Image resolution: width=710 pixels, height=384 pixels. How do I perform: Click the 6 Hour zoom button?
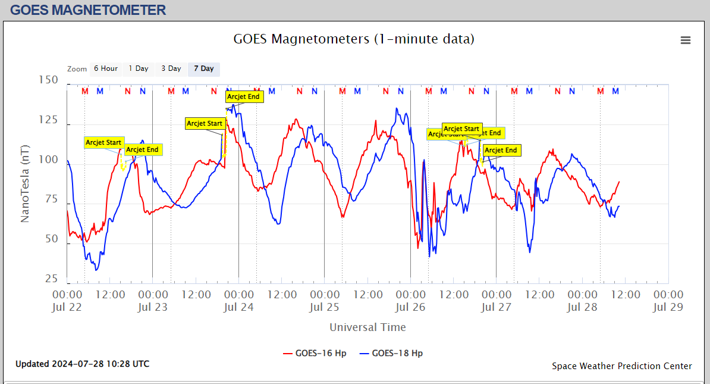[x=106, y=68]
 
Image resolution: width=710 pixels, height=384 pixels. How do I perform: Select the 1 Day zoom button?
[x=139, y=68]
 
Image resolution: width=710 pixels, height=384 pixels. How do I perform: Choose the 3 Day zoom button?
[x=171, y=68]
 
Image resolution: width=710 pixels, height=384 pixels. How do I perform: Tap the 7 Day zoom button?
[x=204, y=68]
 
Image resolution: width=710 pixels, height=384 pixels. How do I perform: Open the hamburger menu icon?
[x=686, y=40]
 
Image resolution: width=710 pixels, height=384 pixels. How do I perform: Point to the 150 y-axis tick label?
[x=48, y=80]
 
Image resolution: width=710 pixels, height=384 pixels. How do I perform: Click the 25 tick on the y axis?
[x=52, y=279]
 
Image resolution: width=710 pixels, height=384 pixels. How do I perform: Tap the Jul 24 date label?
[x=238, y=307]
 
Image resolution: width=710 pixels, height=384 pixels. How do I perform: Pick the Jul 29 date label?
[x=668, y=307]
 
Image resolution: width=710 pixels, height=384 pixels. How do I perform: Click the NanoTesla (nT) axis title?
[x=25, y=184]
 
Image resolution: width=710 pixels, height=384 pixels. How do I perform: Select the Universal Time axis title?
[x=367, y=327]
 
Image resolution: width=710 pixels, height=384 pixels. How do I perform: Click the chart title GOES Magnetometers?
[x=354, y=39]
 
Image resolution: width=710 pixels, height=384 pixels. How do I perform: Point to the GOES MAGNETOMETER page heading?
[x=88, y=10]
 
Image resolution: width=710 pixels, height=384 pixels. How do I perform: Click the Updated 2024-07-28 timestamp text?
[x=83, y=364]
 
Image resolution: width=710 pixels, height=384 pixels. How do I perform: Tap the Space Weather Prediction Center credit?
[x=621, y=366]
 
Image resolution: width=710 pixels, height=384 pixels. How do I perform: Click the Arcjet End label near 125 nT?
[x=244, y=96]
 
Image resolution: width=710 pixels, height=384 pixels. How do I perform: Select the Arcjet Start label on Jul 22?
[x=103, y=143]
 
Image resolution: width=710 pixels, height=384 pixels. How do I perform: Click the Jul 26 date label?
[x=410, y=307]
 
